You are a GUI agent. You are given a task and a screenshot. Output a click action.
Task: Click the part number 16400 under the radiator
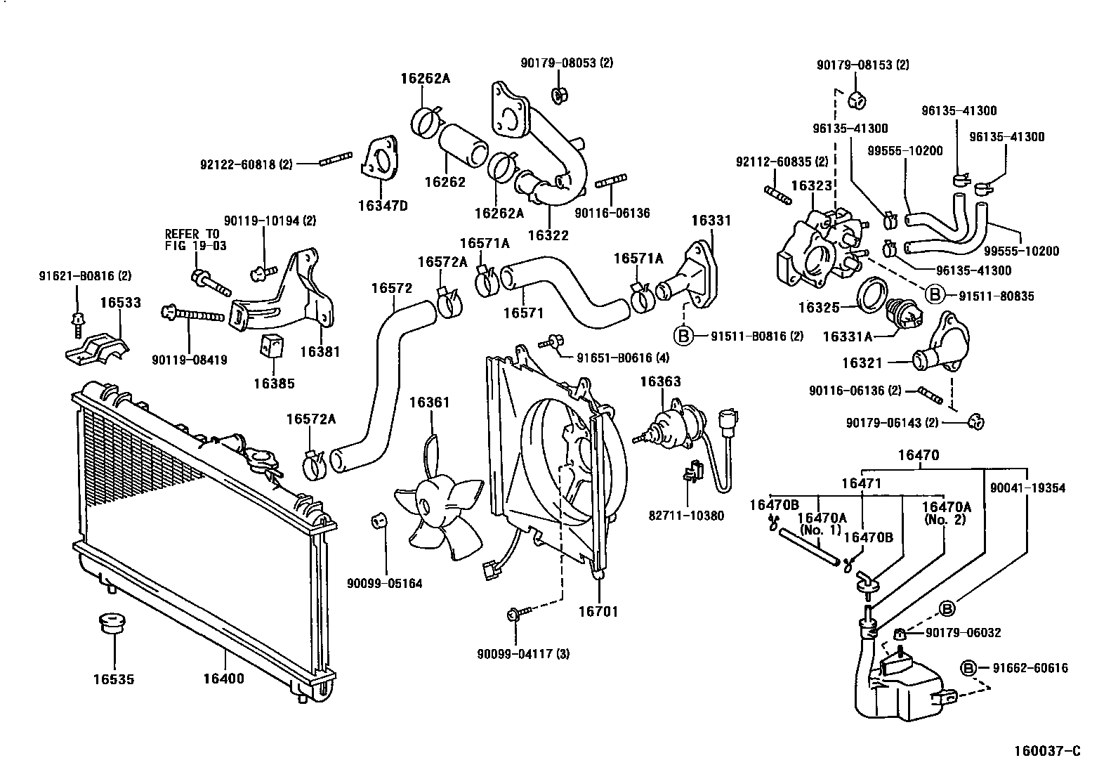[223, 679]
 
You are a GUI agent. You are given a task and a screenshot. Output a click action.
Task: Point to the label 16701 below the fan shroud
[598, 611]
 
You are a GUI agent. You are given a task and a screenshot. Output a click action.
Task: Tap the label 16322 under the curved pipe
[548, 235]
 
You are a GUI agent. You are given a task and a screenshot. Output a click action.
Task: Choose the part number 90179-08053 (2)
[567, 63]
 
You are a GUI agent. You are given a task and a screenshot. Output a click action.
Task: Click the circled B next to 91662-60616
[968, 667]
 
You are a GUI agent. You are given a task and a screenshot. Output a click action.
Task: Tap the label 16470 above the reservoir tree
[918, 455]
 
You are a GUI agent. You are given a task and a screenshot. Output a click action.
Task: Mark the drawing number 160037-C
[1046, 751]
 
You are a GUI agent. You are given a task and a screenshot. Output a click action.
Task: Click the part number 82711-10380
[686, 516]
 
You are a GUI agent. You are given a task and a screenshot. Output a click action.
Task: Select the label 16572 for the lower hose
[392, 288]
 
